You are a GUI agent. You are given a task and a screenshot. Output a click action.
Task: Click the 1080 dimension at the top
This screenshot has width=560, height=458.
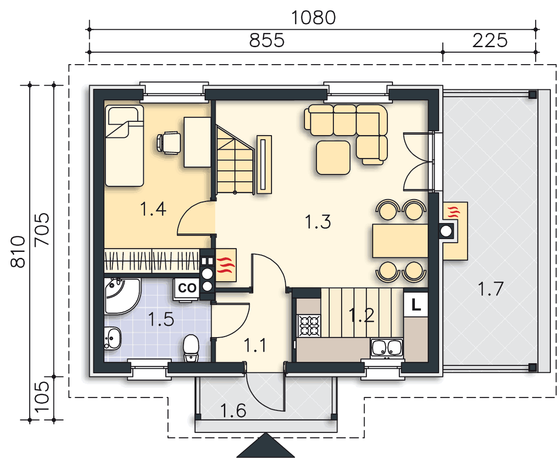(313, 18)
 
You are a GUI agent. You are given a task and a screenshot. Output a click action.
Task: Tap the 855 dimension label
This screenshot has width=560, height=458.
(266, 41)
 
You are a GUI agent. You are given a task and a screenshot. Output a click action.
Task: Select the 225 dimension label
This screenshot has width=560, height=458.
(490, 41)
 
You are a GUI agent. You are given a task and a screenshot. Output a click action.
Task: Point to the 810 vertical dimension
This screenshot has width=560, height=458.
(18, 251)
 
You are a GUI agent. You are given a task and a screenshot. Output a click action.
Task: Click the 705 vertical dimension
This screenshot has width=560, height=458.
(42, 229)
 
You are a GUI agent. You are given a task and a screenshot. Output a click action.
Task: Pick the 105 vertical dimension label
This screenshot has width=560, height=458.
(42, 398)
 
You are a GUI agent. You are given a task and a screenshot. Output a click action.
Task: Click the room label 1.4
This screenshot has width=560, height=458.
(153, 209)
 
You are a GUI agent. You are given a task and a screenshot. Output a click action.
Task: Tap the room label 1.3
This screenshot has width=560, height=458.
(318, 222)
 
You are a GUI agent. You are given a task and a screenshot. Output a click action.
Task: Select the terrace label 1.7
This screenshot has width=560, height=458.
(490, 289)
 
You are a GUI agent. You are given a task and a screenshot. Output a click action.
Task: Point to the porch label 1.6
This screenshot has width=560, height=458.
(233, 410)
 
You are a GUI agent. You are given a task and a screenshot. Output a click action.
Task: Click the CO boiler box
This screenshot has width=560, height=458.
(187, 289)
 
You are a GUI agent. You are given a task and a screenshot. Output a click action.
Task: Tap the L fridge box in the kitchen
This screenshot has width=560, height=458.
(416, 305)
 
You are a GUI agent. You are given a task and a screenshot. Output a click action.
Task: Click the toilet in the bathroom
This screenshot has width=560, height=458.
(191, 348)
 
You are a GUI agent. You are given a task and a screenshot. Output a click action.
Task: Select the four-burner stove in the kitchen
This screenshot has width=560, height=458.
(309, 325)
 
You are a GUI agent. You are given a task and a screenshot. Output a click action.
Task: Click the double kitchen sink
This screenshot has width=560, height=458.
(386, 348)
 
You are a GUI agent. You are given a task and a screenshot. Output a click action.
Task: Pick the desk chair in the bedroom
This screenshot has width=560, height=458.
(169, 142)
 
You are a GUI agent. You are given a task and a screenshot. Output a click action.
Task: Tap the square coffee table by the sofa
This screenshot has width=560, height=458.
(333, 158)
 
